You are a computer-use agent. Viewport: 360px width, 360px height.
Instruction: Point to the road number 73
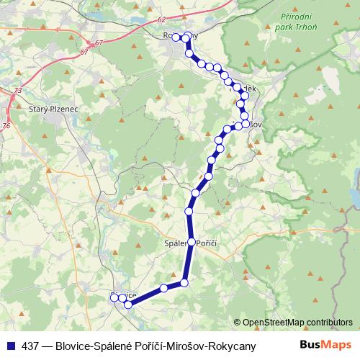[x=18, y=91]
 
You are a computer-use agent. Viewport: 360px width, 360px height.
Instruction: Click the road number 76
[x=6, y=125]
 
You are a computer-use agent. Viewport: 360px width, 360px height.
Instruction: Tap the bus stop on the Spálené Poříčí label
[x=191, y=242]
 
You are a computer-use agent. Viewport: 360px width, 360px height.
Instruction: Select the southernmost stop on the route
[x=128, y=305]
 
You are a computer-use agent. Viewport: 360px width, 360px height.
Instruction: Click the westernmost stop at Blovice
[x=114, y=297]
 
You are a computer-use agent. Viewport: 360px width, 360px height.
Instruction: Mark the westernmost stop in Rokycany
[x=176, y=37]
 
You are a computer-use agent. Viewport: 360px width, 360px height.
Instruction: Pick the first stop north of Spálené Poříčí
[x=189, y=211]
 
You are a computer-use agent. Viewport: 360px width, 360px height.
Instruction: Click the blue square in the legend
[x=10, y=346]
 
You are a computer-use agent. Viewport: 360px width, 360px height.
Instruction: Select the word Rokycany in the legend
[x=233, y=346]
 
